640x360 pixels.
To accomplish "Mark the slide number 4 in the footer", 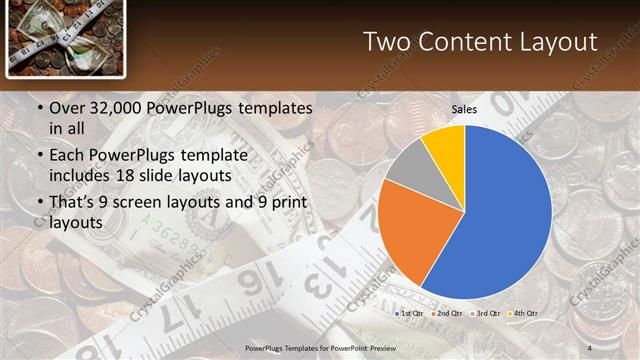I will click(x=590, y=347).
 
